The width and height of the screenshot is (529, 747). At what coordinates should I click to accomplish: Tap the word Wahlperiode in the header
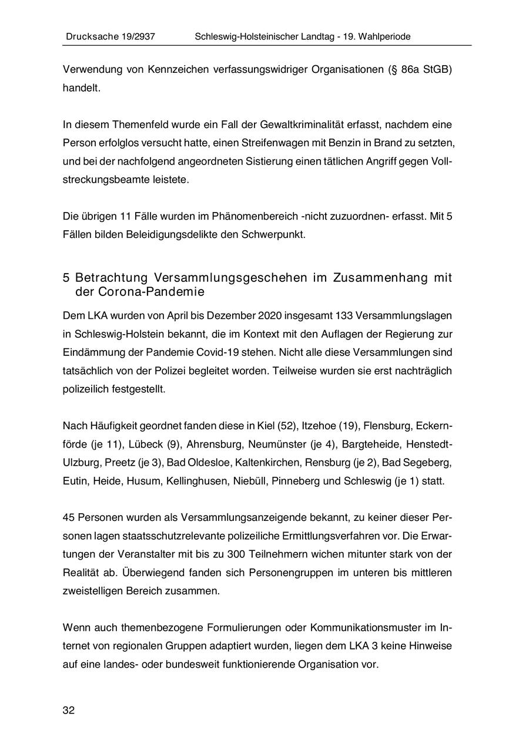point(383,36)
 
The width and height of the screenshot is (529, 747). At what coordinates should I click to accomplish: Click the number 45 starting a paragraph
point(69,517)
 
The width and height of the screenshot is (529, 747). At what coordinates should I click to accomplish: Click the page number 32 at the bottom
point(69,711)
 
